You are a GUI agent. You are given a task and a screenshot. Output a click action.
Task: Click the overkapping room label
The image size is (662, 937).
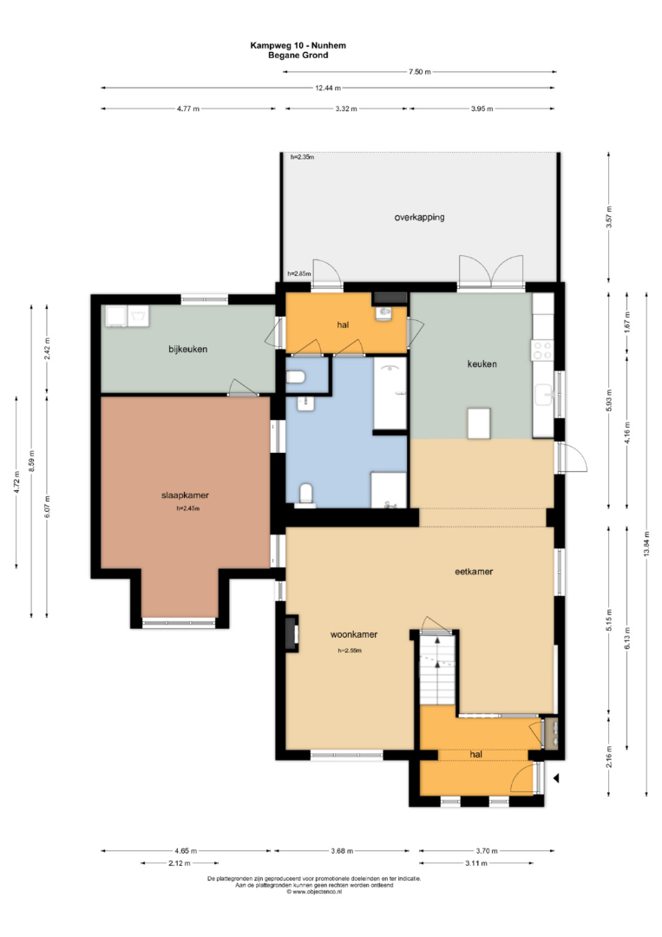pyautogui.click(x=419, y=218)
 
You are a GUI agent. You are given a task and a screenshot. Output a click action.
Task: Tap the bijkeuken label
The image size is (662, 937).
pyautogui.click(x=187, y=350)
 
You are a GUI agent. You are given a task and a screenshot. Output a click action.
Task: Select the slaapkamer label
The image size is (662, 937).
pyautogui.click(x=185, y=495)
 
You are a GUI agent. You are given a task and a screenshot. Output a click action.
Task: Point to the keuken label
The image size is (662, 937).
pyautogui.click(x=482, y=364)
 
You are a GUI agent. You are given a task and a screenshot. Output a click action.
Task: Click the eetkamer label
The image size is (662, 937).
pyautogui.click(x=474, y=572)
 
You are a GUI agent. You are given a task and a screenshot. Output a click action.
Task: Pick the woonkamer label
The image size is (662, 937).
pyautogui.click(x=354, y=634)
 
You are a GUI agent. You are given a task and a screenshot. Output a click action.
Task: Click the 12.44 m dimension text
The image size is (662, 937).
pyautogui.click(x=328, y=88)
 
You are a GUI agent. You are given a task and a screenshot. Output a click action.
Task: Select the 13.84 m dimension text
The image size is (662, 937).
pyautogui.click(x=646, y=544)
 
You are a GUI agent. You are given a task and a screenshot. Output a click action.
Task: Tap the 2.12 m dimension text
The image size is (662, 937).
pyautogui.click(x=180, y=863)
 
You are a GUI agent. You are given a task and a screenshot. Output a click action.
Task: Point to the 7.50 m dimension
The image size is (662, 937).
pyautogui.click(x=419, y=72)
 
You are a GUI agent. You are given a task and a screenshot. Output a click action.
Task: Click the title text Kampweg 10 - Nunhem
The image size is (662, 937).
pyautogui.click(x=298, y=45)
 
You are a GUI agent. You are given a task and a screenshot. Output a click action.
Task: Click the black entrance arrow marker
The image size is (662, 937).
pyautogui.click(x=555, y=778)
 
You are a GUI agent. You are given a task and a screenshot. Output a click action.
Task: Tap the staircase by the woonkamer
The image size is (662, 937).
pyautogui.click(x=438, y=669)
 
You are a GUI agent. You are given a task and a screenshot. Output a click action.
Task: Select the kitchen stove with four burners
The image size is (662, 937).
pyautogui.click(x=542, y=351)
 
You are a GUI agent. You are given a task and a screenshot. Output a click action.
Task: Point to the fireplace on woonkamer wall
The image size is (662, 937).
pyautogui.click(x=292, y=633)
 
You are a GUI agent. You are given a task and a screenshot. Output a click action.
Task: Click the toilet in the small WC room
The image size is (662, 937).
pyautogui.click(x=297, y=377)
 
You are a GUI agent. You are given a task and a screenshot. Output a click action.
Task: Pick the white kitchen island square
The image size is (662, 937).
pyautogui.click(x=479, y=423)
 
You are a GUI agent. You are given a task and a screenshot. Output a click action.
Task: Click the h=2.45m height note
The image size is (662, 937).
pyautogui.click(x=187, y=509)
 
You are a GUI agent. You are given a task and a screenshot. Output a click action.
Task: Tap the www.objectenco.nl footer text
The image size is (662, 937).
pyautogui.click(x=315, y=892)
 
